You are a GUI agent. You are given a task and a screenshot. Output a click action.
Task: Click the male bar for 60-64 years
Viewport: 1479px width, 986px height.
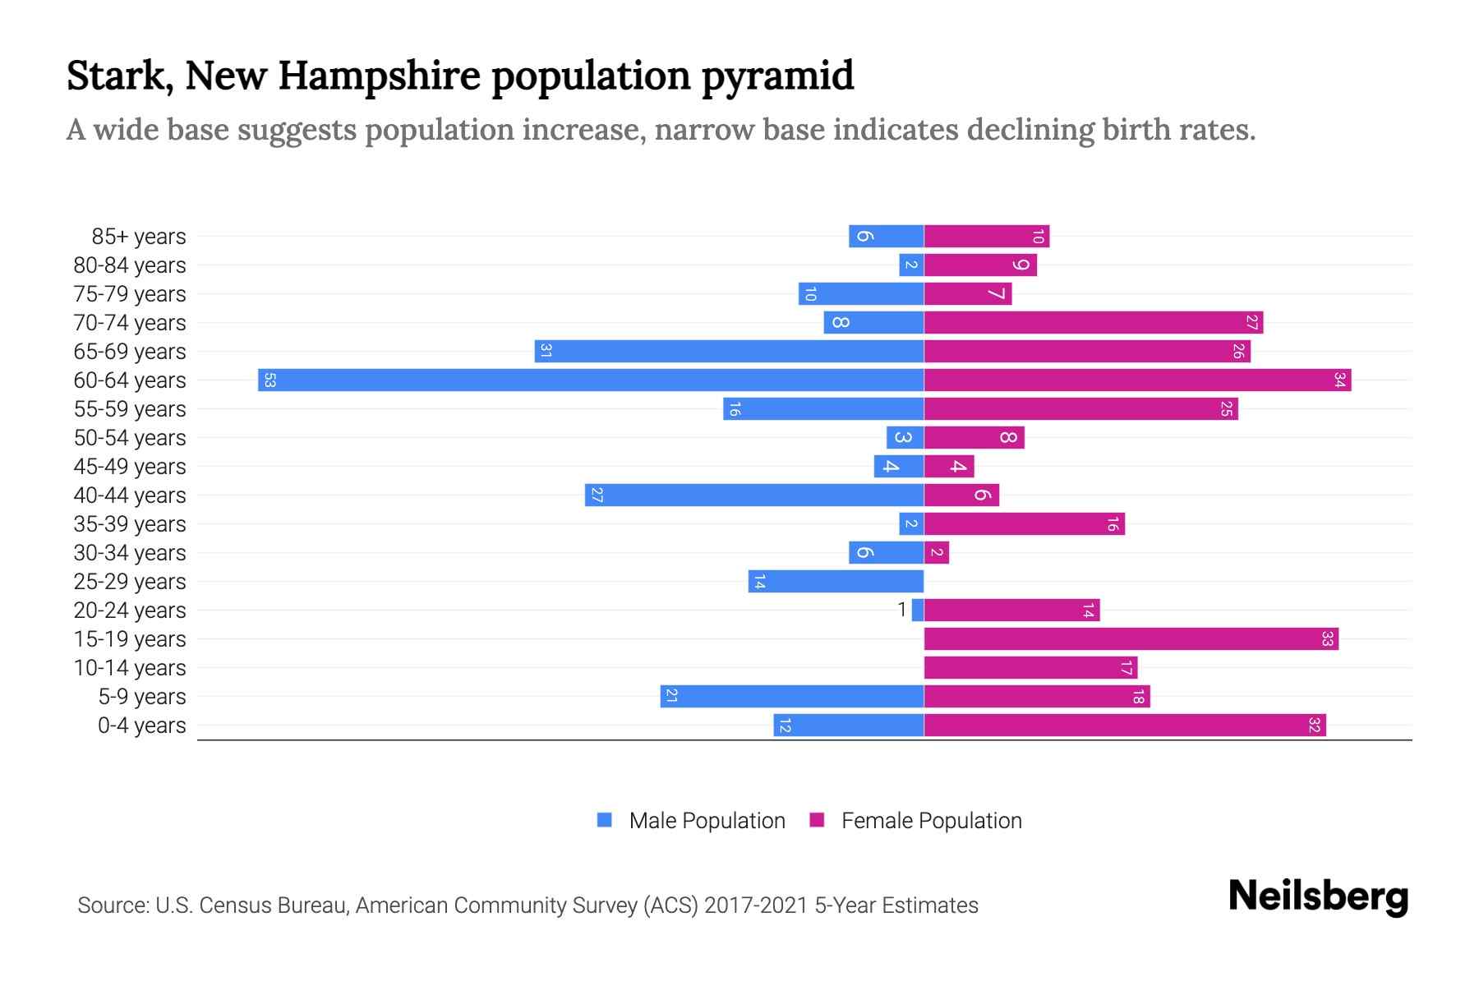click(x=592, y=380)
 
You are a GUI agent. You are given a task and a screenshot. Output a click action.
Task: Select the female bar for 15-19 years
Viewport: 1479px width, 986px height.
click(x=1131, y=638)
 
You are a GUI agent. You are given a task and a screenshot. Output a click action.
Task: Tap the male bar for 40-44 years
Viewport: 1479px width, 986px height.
click(x=754, y=495)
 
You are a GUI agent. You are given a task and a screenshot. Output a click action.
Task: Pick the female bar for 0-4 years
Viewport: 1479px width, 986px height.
click(x=1124, y=725)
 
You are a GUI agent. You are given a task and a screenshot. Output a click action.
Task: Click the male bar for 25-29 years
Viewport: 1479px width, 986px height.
click(x=836, y=581)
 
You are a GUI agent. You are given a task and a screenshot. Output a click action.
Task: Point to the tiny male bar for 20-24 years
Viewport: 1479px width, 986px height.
click(x=918, y=610)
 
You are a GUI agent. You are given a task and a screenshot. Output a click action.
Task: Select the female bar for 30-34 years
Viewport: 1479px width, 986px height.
click(x=937, y=552)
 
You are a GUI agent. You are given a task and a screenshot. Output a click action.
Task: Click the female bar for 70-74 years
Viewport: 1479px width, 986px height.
click(x=1093, y=322)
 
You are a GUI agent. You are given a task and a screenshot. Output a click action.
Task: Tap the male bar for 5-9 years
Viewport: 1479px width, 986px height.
click(x=792, y=696)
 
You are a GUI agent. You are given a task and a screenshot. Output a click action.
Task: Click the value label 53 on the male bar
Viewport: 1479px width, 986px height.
click(x=270, y=380)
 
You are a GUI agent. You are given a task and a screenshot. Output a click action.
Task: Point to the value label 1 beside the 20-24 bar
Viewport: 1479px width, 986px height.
click(x=902, y=610)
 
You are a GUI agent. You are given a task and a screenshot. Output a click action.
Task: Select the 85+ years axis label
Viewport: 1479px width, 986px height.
click(x=138, y=237)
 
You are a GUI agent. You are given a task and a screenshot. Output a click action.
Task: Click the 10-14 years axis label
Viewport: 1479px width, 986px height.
click(x=130, y=668)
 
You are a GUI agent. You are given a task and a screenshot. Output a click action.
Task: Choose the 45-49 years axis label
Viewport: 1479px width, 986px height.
click(x=130, y=467)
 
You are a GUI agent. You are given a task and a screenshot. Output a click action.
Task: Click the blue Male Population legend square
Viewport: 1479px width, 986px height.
click(x=605, y=820)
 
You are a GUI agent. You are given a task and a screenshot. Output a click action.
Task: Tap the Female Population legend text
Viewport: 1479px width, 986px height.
click(x=931, y=820)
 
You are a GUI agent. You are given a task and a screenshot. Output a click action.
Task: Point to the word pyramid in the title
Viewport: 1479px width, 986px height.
click(x=777, y=76)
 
